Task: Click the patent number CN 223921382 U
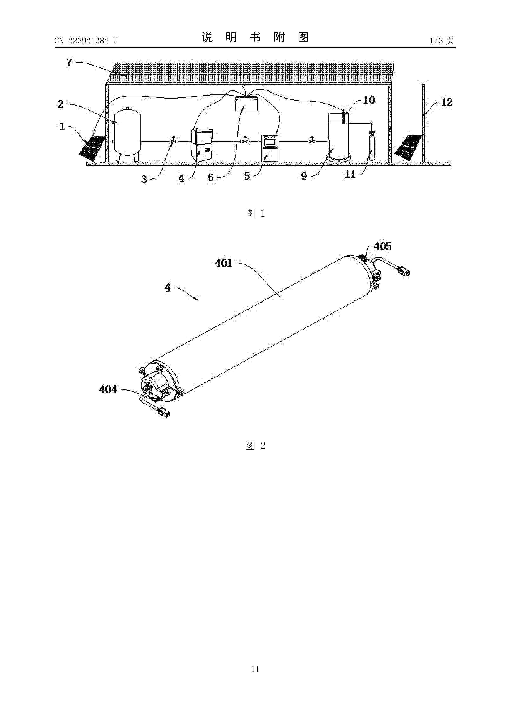coord(86,41)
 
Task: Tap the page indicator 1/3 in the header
coord(436,41)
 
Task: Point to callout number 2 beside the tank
coord(60,104)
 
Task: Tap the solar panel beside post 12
coord(408,147)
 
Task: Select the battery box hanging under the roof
coord(246,104)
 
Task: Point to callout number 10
coord(369,100)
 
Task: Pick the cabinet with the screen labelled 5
coord(270,148)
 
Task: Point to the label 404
coord(108,390)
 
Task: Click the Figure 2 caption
coord(255,446)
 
